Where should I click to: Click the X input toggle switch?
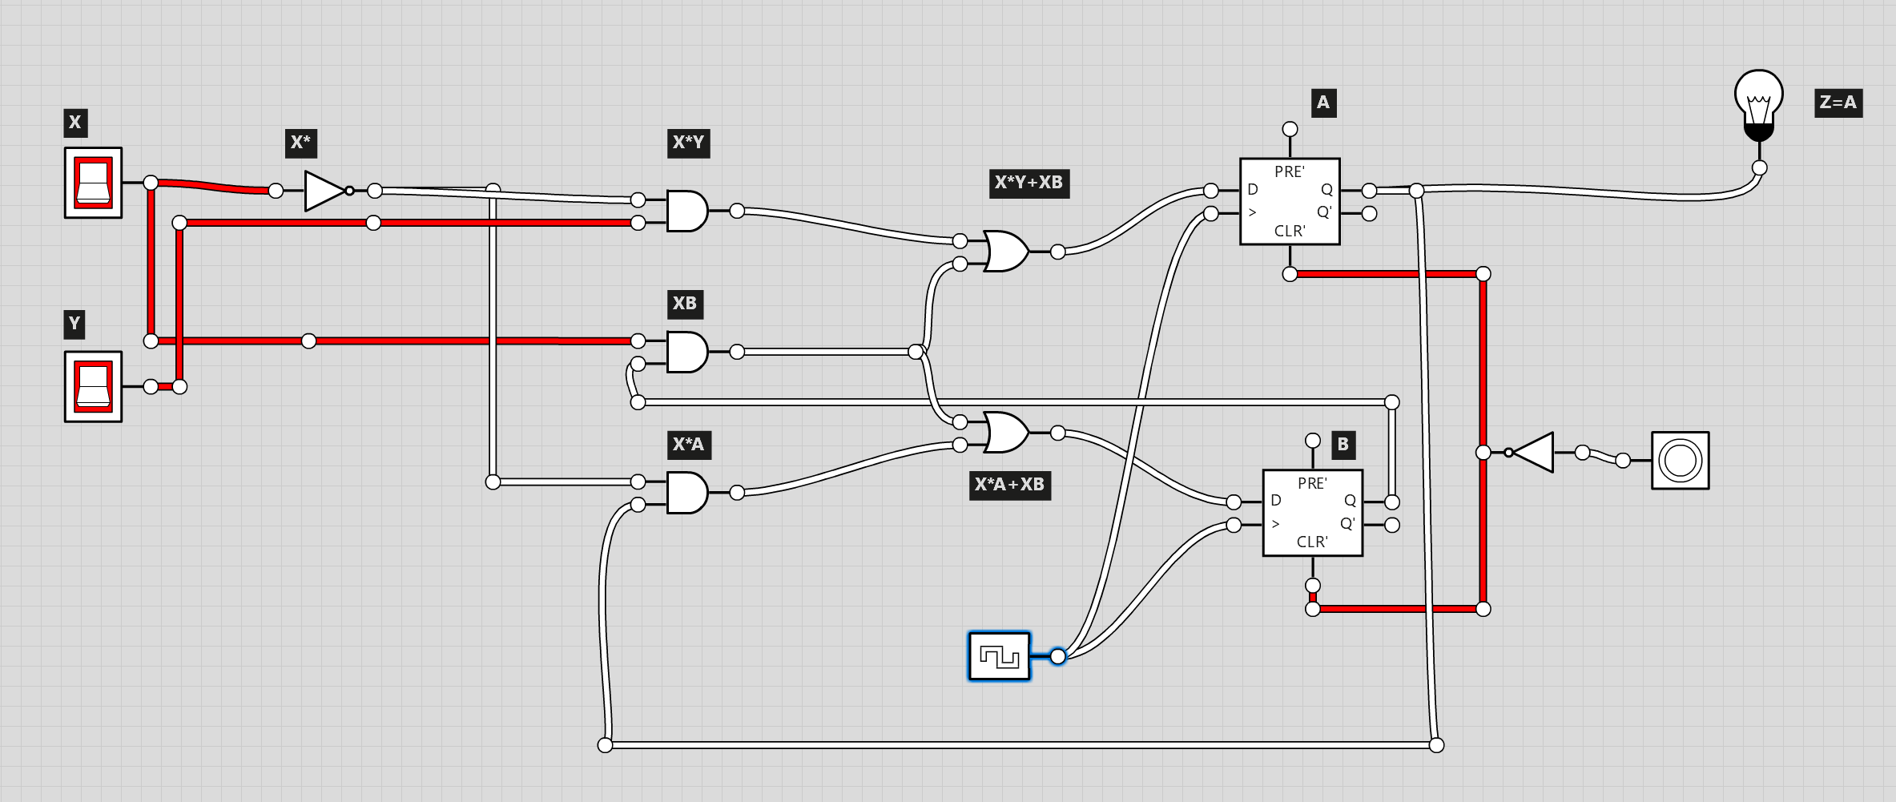coord(93,183)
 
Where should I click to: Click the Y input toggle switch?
coord(93,386)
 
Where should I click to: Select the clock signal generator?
coord(999,656)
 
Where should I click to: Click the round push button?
coord(1680,461)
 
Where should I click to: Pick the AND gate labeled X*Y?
coord(686,211)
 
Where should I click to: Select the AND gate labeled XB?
coord(686,352)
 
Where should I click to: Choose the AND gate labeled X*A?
coord(686,493)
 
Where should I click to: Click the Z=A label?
coord(1838,103)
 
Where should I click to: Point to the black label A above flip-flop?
coord(1323,103)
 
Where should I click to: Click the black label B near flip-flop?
coord(1343,445)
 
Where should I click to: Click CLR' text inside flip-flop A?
coord(1290,231)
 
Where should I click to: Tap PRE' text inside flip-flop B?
coord(1312,483)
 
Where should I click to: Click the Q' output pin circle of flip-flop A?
coord(1370,214)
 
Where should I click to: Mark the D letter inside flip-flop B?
coord(1276,501)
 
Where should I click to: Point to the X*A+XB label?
coord(1009,485)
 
